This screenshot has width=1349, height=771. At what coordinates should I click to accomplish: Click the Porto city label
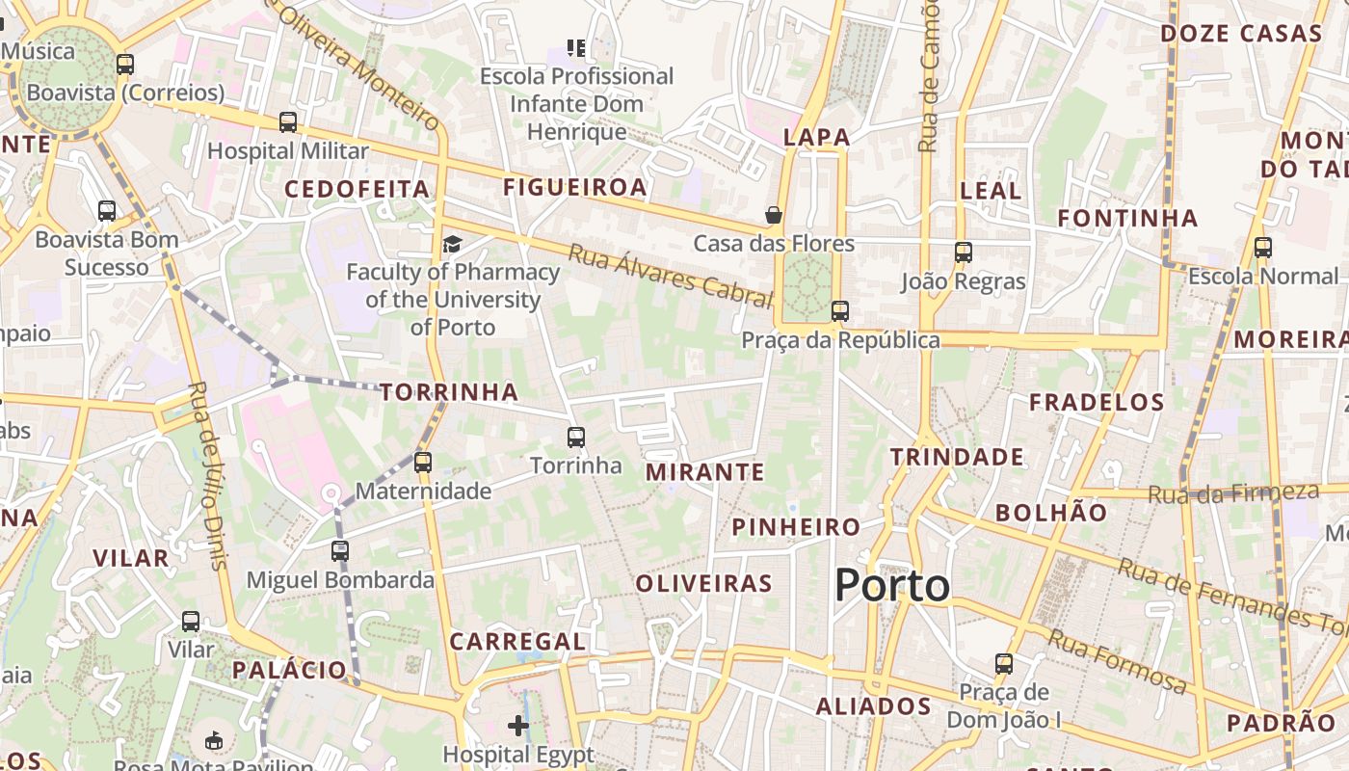point(892,585)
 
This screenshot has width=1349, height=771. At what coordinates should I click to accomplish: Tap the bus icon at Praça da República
point(840,310)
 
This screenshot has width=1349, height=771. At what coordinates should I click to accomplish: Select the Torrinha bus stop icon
point(576,437)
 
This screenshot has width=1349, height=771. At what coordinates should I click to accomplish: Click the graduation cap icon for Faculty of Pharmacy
point(452,244)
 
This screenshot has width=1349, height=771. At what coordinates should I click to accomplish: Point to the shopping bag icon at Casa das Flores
point(773,214)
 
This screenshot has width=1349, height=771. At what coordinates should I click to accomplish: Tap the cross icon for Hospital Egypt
point(518,725)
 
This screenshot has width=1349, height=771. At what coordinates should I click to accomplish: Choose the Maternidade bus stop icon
point(423,462)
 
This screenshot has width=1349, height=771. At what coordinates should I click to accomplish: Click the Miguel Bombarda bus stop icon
point(340,550)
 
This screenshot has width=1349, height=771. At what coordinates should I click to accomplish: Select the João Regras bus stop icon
point(963,253)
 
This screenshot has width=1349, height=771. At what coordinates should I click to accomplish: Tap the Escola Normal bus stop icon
point(1263,248)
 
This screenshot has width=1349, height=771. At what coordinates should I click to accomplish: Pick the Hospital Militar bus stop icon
point(288,122)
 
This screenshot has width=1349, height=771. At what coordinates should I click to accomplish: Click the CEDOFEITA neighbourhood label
point(357,189)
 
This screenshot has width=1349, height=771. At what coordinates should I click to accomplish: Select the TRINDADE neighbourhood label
point(957,457)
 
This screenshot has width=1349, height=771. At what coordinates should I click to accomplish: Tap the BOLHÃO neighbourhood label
point(1051,513)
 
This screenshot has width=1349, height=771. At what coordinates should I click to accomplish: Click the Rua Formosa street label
point(1117,662)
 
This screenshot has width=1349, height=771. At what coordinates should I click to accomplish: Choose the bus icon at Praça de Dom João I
point(1004,663)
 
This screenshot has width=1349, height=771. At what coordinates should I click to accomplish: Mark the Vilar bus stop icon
point(191,622)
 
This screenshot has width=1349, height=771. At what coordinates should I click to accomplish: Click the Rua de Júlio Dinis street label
point(208,475)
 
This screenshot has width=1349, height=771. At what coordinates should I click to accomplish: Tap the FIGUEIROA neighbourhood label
point(575,187)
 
